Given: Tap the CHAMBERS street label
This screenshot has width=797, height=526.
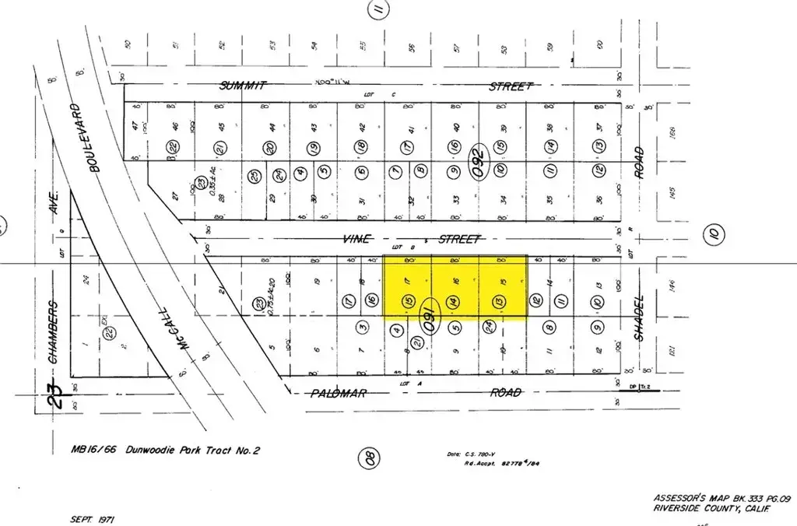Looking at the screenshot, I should (54, 332).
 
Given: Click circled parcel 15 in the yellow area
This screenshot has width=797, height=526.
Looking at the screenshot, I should (406, 300).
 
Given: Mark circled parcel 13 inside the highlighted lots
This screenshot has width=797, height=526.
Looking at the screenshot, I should (499, 300).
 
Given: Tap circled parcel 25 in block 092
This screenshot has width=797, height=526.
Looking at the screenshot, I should (254, 175).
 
